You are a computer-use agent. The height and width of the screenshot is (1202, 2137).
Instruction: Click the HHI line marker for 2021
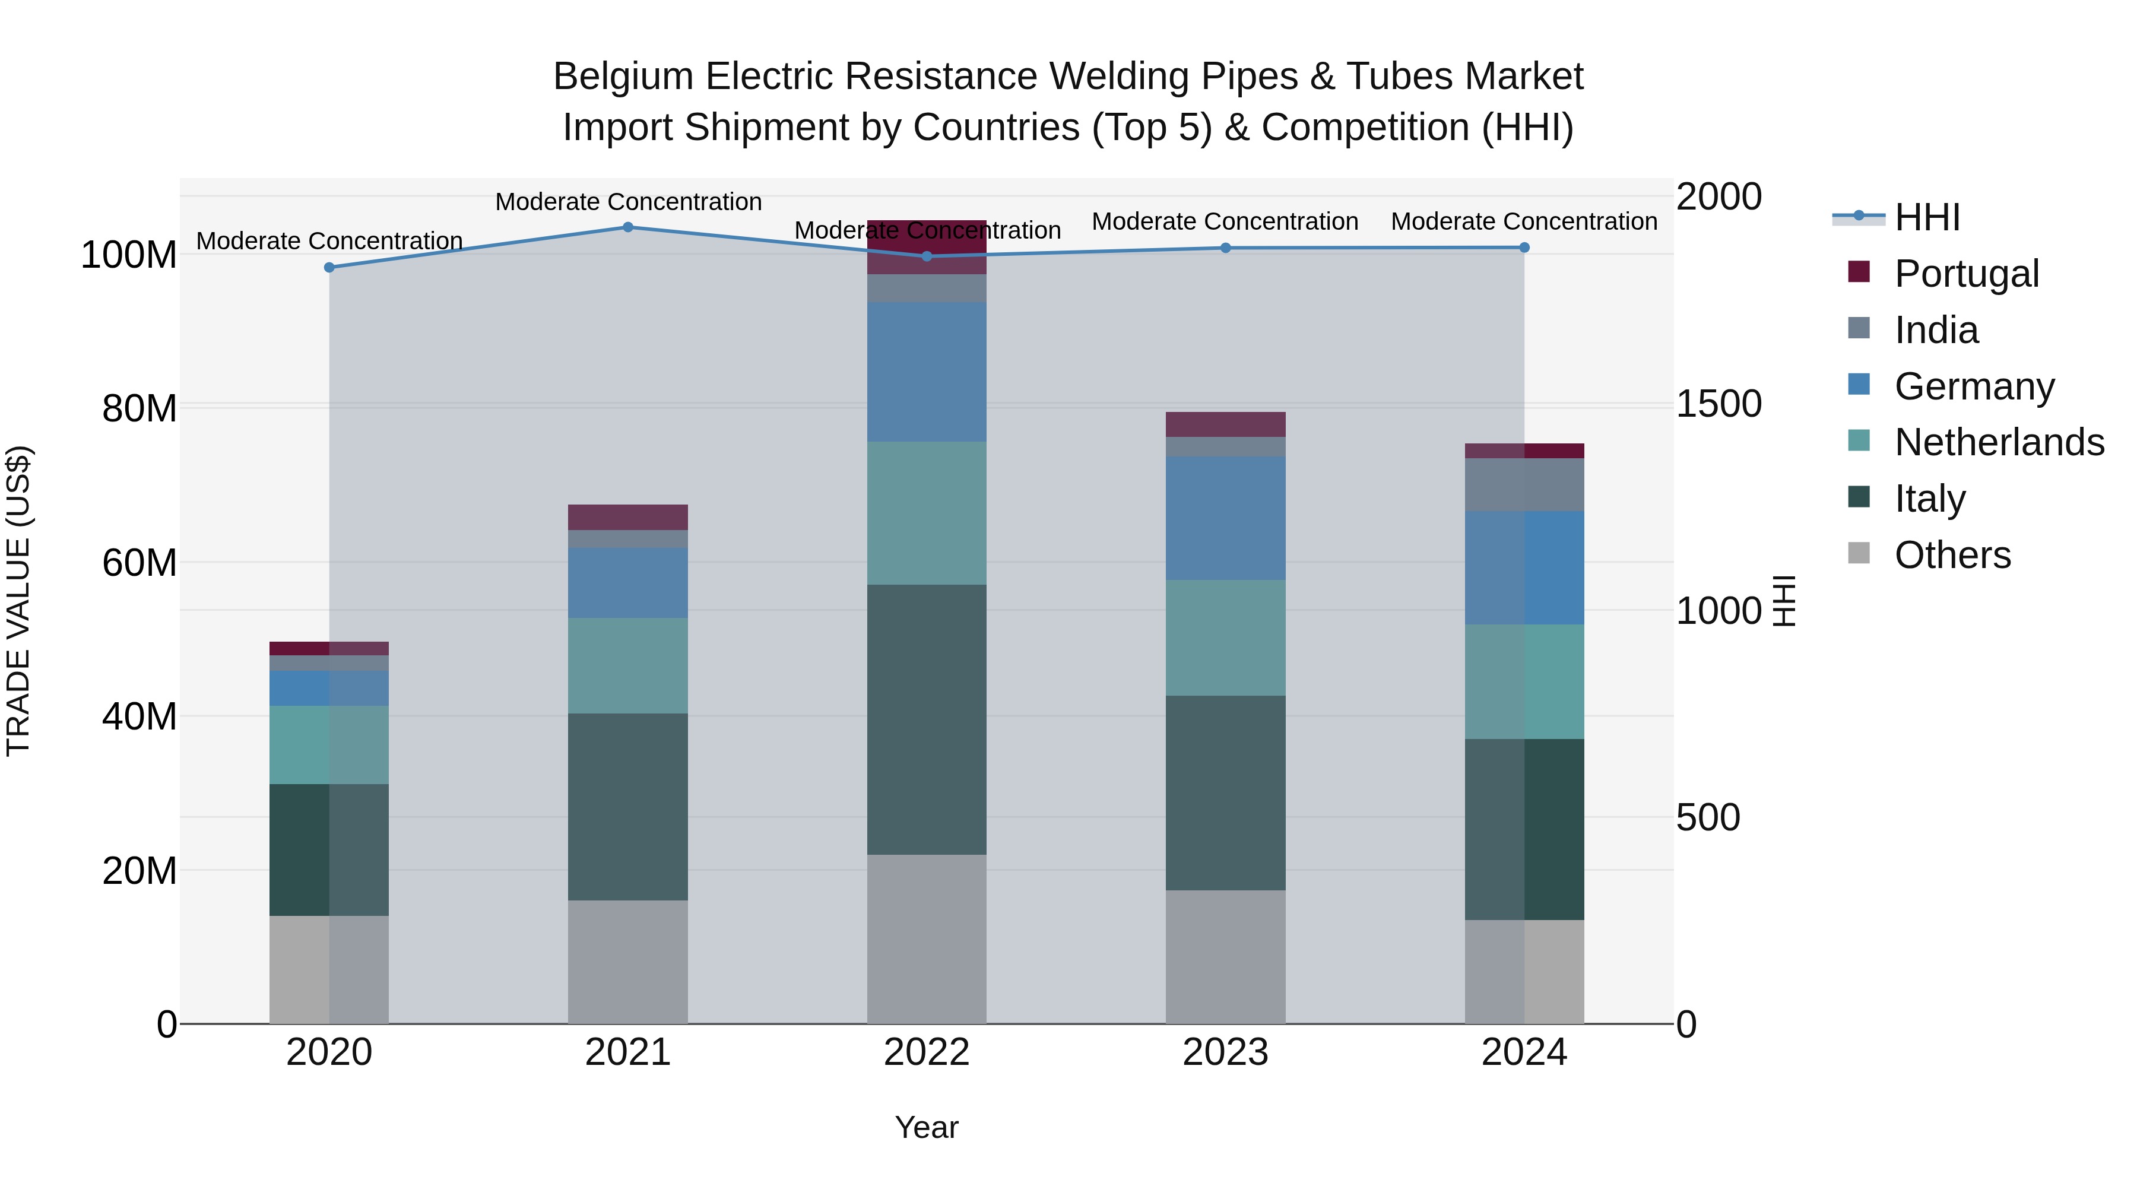pyautogui.click(x=628, y=227)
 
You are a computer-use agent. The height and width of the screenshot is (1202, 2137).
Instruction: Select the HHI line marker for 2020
pyautogui.click(x=329, y=268)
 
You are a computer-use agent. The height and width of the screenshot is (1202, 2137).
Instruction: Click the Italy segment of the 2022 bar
pyautogui.click(x=927, y=719)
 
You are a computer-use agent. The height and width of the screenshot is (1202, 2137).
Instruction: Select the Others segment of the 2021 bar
pyautogui.click(x=628, y=962)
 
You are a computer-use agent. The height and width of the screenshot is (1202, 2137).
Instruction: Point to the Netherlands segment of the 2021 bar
pyautogui.click(x=628, y=665)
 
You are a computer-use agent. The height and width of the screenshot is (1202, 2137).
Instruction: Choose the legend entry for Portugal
pyautogui.click(x=1966, y=274)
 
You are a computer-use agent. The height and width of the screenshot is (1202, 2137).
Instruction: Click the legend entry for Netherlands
pyautogui.click(x=1999, y=442)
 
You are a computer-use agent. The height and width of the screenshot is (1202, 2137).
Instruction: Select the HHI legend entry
pyautogui.click(x=1926, y=217)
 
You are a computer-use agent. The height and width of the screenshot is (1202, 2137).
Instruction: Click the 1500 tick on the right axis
pyautogui.click(x=1719, y=404)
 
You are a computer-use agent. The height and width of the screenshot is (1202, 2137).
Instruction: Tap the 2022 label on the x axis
pyautogui.click(x=927, y=1052)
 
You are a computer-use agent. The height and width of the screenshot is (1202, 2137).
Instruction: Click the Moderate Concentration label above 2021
pyautogui.click(x=628, y=202)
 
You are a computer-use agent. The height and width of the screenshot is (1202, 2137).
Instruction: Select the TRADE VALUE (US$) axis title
pyautogui.click(x=18, y=601)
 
